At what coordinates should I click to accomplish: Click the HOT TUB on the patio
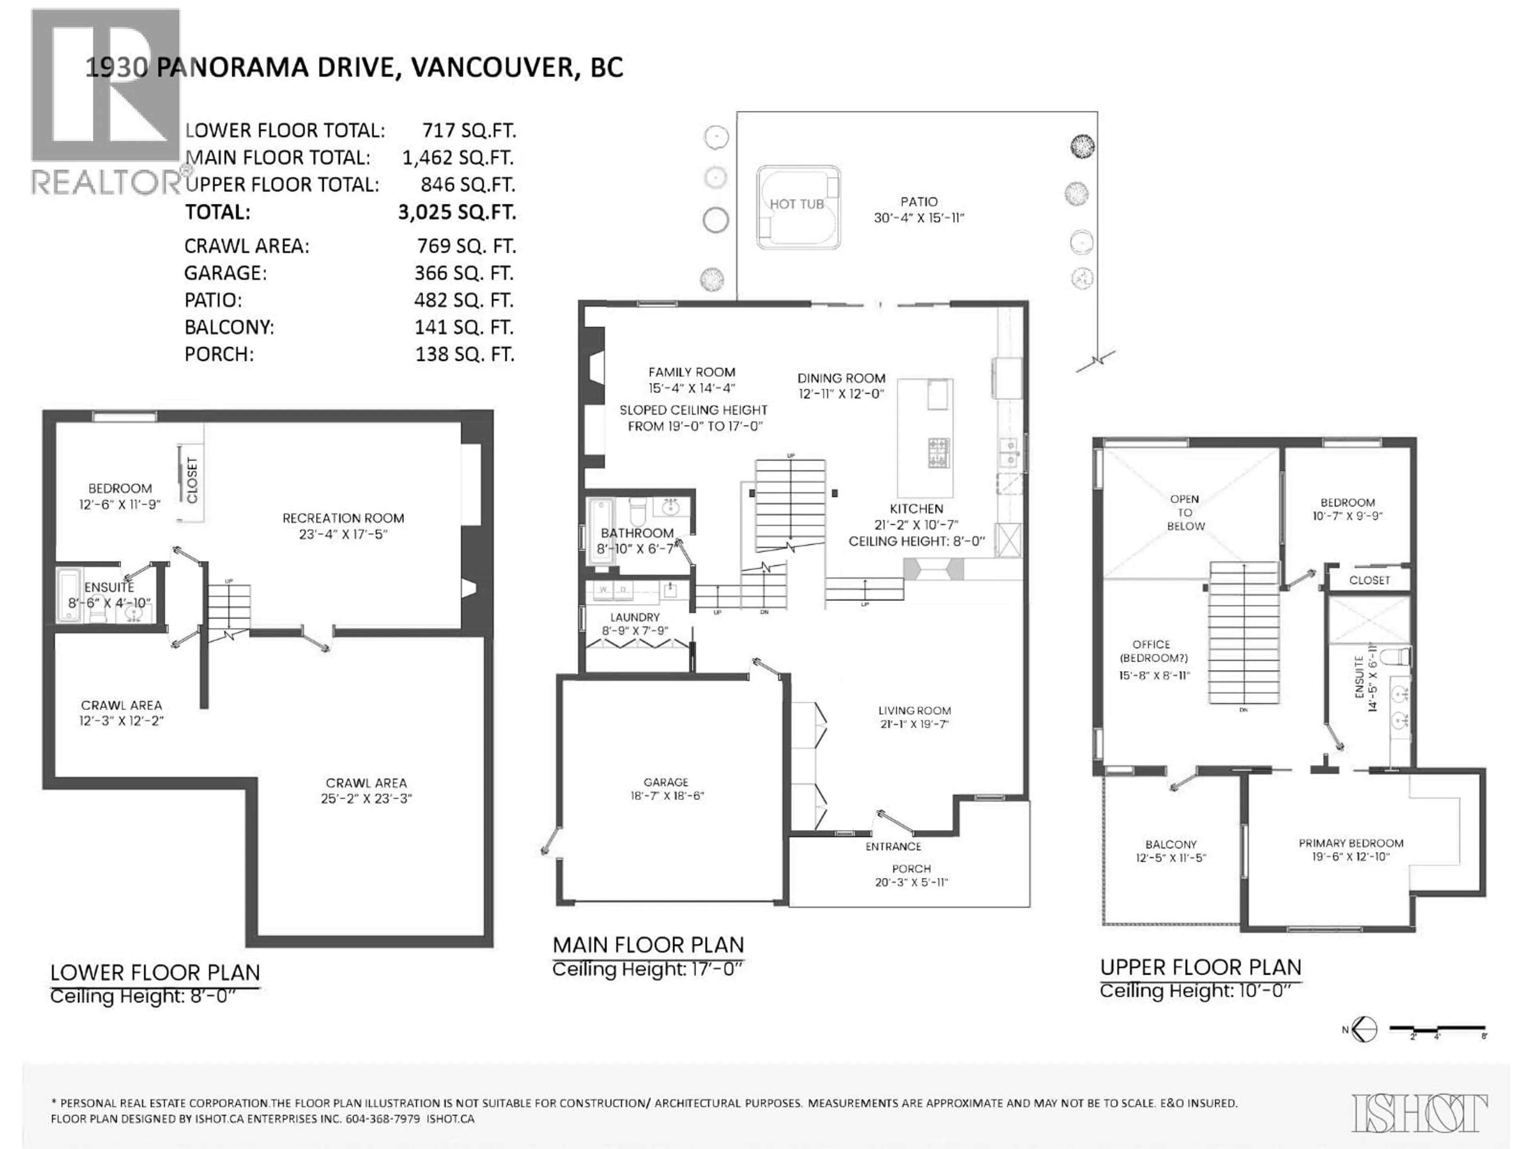click(798, 206)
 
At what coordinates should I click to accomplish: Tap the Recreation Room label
click(343, 518)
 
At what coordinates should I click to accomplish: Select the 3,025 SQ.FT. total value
click(457, 212)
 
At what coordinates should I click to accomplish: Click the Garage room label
click(665, 782)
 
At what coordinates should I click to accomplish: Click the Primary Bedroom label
click(1350, 843)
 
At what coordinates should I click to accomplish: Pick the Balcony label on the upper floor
click(1171, 844)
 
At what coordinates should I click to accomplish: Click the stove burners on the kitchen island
click(939, 452)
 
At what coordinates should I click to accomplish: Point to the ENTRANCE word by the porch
click(893, 846)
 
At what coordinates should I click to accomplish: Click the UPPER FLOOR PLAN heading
click(1200, 967)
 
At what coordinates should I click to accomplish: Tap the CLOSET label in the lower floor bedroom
click(192, 480)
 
